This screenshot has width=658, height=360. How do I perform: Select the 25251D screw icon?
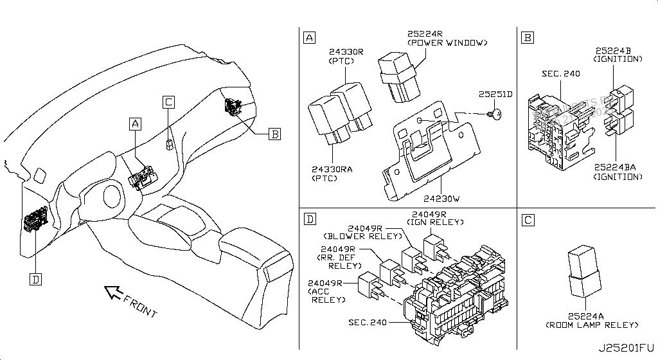pos(495,114)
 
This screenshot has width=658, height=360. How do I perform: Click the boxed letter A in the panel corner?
pos(309,37)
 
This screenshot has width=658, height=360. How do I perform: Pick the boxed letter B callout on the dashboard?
pos(274,134)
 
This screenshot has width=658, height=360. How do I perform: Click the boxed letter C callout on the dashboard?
pos(168,102)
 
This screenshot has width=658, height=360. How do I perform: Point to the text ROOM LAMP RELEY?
pos(591,325)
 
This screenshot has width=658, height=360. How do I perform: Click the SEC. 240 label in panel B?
pos(561,74)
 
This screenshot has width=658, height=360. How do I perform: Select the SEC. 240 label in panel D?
pos(368,323)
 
